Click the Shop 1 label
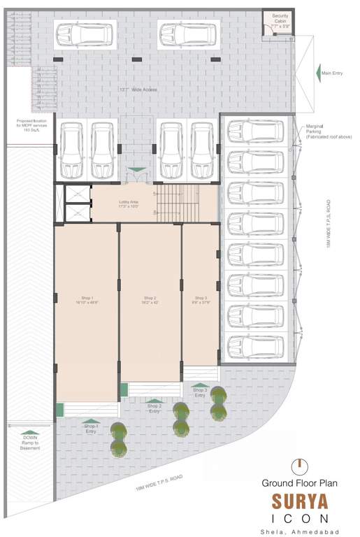(87, 299)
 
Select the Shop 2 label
(150, 299)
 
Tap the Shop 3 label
(201, 299)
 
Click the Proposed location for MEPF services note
(31, 126)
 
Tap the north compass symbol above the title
(298, 464)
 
